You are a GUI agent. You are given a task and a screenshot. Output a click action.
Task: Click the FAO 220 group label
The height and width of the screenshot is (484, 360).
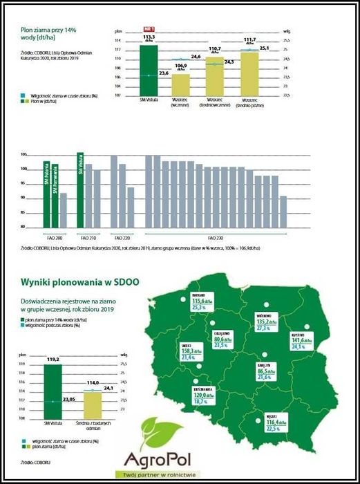click(x=122, y=237)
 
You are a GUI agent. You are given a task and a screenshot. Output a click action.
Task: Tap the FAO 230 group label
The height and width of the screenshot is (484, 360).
click(x=215, y=237)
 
